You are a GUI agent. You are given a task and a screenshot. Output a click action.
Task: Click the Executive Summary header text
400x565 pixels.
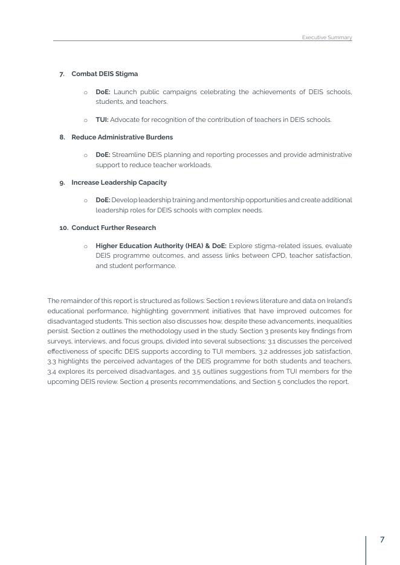[x=326, y=37]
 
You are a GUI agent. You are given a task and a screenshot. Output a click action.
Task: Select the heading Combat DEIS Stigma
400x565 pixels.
[x=105, y=74]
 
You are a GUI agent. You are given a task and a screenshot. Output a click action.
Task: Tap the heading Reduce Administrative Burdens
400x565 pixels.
[x=122, y=137]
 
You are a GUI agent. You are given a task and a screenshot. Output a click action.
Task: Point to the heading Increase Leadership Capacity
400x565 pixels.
[x=119, y=182]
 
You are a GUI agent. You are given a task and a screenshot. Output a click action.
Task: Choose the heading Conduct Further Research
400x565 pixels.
[x=114, y=228]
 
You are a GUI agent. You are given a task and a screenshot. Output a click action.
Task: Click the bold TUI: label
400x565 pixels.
[x=102, y=120]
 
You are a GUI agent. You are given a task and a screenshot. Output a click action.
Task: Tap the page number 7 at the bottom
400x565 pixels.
[x=382, y=540]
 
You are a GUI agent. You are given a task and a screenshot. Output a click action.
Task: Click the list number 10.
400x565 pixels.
[x=63, y=228]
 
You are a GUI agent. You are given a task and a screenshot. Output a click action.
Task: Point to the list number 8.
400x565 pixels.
[x=62, y=137]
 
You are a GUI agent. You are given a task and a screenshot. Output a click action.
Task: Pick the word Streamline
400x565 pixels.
[x=128, y=155]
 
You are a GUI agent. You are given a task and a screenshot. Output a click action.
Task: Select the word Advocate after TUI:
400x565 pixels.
[x=123, y=120]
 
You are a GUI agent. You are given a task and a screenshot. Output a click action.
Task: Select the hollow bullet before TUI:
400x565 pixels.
[x=86, y=120]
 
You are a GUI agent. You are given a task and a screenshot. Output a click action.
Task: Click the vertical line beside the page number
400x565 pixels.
[x=366, y=549]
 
